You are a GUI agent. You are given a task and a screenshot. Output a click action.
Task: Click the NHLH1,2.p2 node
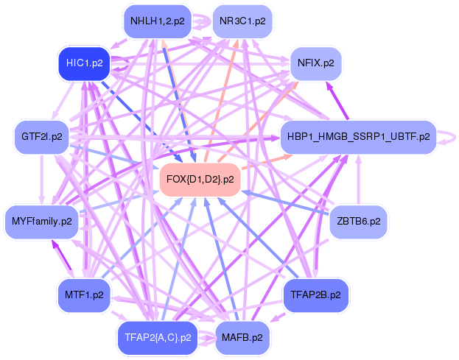pyautogui.click(x=158, y=21)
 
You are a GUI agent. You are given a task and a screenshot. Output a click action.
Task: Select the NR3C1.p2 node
pyautogui.click(x=242, y=21)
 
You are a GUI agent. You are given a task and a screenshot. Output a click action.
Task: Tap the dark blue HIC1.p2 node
pyautogui.click(x=83, y=63)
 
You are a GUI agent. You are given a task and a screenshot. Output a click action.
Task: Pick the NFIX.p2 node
pyautogui.click(x=315, y=63)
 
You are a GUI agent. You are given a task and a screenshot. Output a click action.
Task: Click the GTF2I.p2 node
pyautogui.click(x=41, y=137)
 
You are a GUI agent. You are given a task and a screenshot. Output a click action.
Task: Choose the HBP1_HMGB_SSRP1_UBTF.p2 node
pyautogui.click(x=358, y=137)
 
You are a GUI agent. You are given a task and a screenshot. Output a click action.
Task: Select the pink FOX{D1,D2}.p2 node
pyautogui.click(x=200, y=179)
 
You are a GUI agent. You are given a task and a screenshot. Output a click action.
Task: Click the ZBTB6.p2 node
pyautogui.click(x=358, y=221)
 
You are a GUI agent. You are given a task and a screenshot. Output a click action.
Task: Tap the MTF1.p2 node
pyautogui.click(x=83, y=294)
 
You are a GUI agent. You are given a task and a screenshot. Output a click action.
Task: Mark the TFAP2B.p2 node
pyautogui.click(x=315, y=294)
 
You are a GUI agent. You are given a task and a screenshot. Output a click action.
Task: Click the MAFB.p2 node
pyautogui.click(x=242, y=338)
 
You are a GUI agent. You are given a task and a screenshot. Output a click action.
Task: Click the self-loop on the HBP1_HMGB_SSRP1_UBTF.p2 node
pyautogui.click(x=446, y=137)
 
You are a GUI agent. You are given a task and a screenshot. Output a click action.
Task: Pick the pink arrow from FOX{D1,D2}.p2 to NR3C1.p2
pyautogui.click(x=223, y=96)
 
